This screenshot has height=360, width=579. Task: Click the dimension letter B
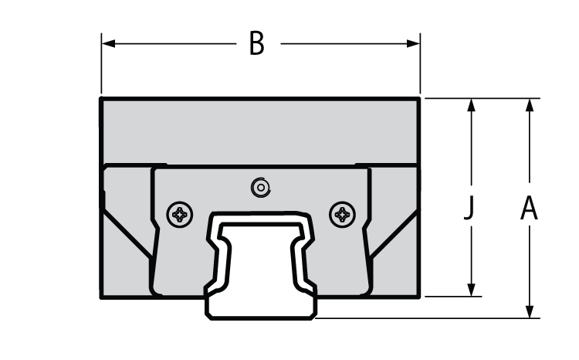tap(256, 44)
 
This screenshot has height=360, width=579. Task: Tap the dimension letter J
tap(469, 209)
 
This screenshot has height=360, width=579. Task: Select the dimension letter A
tap(529, 209)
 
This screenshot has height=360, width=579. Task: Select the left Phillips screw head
tap(181, 213)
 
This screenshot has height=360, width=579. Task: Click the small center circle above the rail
tap(261, 186)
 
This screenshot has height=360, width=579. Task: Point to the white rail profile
tap(261, 263)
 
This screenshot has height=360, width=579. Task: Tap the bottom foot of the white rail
tap(261, 309)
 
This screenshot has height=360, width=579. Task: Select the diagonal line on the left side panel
tap(127, 233)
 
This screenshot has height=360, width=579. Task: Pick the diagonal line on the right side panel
tap(395, 233)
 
